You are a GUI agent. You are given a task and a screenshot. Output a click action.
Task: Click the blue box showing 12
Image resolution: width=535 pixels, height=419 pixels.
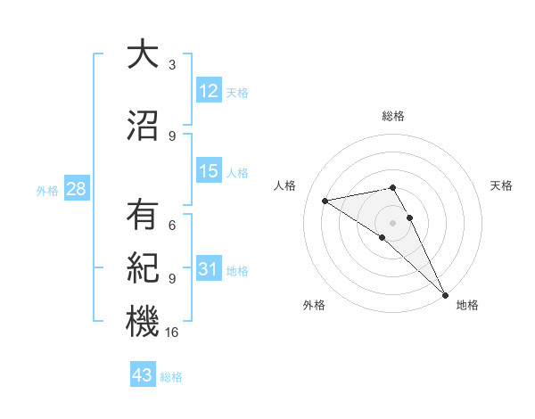(x=209, y=91)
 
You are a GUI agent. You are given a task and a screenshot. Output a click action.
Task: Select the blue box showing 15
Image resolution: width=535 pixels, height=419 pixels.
(x=209, y=172)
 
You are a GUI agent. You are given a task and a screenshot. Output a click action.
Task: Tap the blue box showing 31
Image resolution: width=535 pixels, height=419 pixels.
(x=209, y=270)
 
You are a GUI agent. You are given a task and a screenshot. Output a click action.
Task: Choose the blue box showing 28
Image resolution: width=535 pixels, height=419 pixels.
(x=75, y=189)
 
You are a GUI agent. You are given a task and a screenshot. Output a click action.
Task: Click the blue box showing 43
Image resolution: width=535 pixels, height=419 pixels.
(x=143, y=376)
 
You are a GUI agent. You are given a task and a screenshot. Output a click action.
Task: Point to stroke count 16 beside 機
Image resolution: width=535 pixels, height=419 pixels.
(x=173, y=333)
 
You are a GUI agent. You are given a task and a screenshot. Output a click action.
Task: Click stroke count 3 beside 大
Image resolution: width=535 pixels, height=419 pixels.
(x=172, y=65)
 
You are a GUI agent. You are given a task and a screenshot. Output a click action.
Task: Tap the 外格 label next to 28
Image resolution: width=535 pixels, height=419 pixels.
(x=47, y=190)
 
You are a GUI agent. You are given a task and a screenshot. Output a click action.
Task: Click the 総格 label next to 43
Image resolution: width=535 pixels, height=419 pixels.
(x=171, y=377)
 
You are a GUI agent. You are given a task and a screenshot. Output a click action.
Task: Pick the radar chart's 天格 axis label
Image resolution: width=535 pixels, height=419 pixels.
(x=502, y=185)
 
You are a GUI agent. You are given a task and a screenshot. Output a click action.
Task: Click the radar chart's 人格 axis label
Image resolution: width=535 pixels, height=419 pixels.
(x=284, y=185)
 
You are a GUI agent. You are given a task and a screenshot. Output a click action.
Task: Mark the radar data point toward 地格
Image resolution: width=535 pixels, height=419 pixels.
(x=445, y=294)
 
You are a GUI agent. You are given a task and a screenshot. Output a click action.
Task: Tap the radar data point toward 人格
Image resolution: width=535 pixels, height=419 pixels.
(x=325, y=201)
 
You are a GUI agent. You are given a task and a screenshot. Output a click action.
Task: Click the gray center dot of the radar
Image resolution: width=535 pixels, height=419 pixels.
(x=392, y=222)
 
